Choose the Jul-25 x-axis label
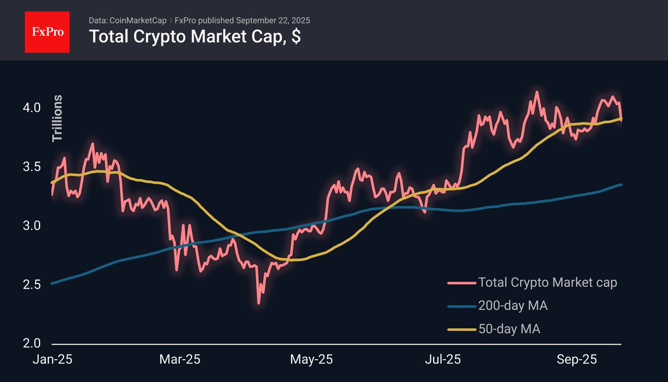click(x=444, y=360)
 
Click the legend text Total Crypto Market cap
click(x=548, y=283)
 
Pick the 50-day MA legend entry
click(x=509, y=329)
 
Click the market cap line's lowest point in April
click(x=258, y=303)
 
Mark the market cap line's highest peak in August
click(x=536, y=92)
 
